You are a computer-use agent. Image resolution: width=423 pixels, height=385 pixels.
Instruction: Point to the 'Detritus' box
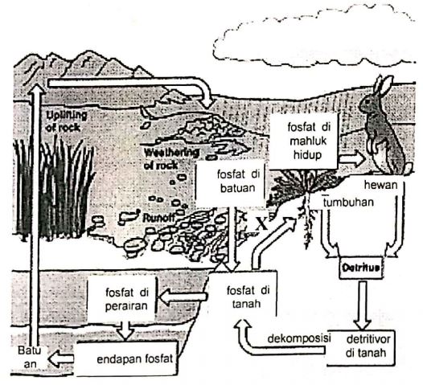359,266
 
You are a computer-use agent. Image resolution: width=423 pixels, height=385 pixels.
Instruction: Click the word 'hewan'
381,185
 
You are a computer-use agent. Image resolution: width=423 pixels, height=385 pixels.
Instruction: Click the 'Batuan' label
26,358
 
